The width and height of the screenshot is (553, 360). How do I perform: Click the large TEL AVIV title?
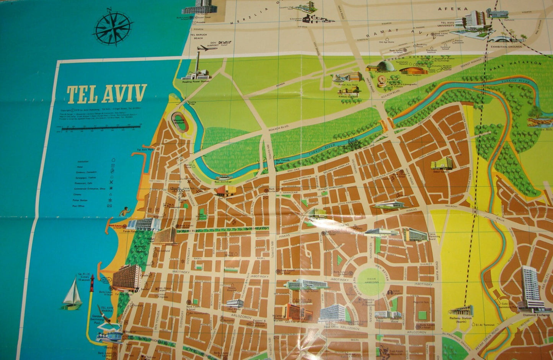point(107,94)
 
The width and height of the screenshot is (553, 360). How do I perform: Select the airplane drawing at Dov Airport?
point(207,48)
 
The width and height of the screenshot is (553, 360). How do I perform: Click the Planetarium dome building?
point(385,66)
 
